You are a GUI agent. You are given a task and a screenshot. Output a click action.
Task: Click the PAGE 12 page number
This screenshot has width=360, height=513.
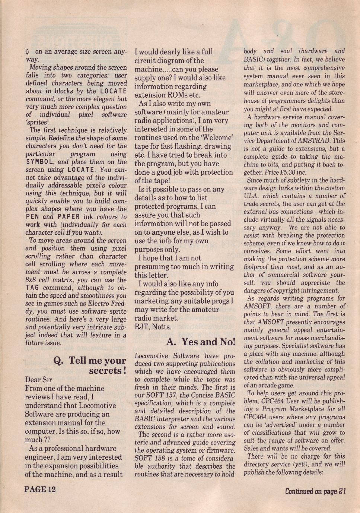coord(40,489)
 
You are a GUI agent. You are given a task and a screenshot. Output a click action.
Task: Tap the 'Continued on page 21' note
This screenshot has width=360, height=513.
coord(316,491)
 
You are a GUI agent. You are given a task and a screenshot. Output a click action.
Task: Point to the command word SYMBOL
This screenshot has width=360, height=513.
coord(40,162)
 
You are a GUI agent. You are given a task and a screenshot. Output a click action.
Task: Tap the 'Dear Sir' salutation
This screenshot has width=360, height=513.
coord(38,380)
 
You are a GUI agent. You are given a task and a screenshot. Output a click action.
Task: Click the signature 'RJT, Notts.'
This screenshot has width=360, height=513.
coord(153,327)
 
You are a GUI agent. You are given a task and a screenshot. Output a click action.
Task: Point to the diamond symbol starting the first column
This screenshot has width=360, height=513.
coord(28,52)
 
